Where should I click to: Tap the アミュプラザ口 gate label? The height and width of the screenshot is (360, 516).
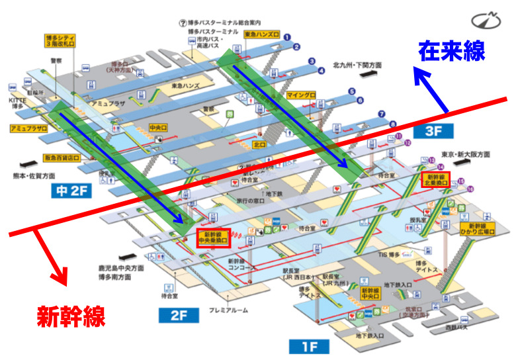tap(28, 127)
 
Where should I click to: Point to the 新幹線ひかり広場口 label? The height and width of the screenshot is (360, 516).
tap(478, 229)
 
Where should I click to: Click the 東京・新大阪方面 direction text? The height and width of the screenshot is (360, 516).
tap(467, 154)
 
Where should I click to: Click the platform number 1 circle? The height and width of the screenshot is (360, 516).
tap(287, 36)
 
